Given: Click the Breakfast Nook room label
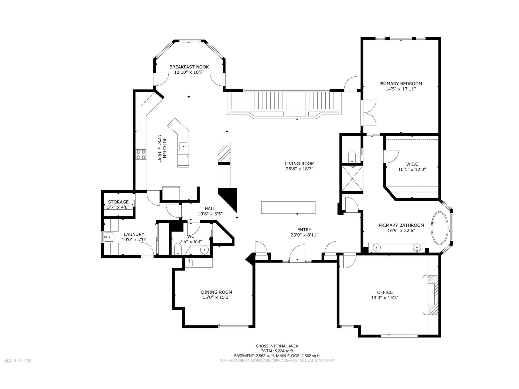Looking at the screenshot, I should pyautogui.click(x=189, y=67).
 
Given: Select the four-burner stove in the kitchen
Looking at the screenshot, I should pyautogui.click(x=141, y=155).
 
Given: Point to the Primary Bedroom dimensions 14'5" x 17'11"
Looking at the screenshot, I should pyautogui.click(x=401, y=89).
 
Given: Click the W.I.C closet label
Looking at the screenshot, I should pyautogui.click(x=412, y=164).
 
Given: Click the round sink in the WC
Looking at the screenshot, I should pyautogui.click(x=204, y=250).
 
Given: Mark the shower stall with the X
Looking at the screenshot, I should pyautogui.click(x=352, y=178).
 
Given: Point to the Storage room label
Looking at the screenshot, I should pyautogui.click(x=118, y=202).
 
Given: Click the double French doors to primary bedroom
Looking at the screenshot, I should pyautogui.click(x=368, y=113).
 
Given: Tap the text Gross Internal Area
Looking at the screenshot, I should pyautogui.click(x=277, y=346).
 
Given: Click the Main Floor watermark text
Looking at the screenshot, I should pyautogui.click(x=18, y=361).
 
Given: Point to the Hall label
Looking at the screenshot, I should pyautogui.click(x=210, y=209).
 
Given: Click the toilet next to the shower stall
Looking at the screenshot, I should pyautogui.click(x=352, y=156).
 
